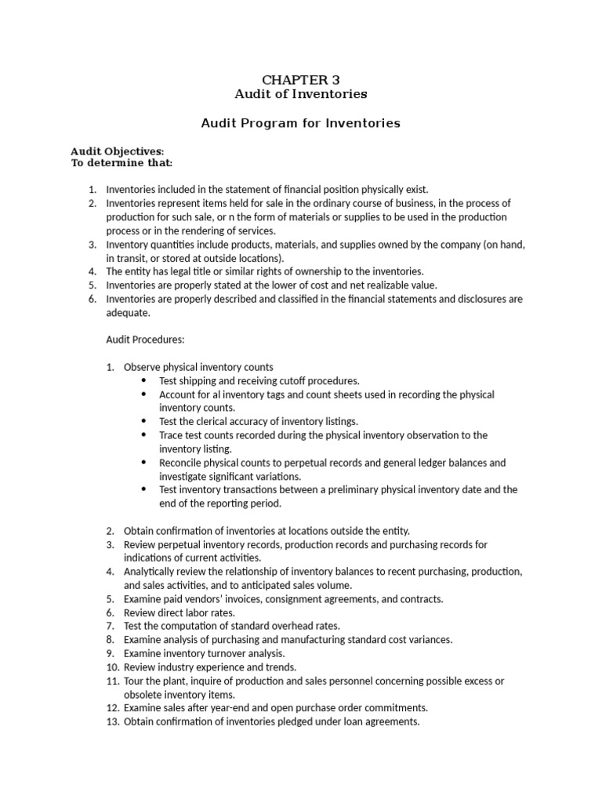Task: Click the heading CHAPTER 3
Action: click(x=301, y=79)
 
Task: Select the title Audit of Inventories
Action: click(x=301, y=94)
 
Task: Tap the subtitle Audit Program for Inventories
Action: click(x=301, y=123)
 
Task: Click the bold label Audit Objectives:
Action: click(x=118, y=151)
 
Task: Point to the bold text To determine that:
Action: click(x=121, y=163)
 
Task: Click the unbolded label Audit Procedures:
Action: click(x=145, y=340)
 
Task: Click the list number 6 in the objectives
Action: click(x=92, y=299)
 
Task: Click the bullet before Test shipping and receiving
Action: click(x=143, y=381)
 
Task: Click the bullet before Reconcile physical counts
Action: click(x=143, y=463)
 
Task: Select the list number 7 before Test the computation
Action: click(x=111, y=626)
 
